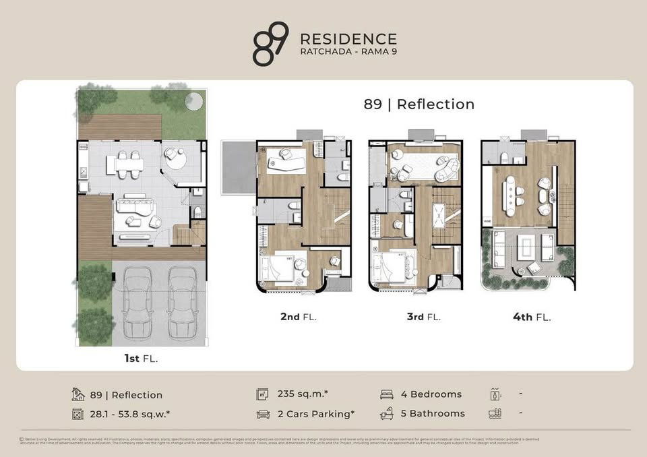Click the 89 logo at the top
[270, 43]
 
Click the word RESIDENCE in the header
[348, 39]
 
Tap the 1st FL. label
[141, 359]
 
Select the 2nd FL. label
[299, 316]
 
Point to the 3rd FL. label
[424, 316]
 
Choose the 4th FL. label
[532, 316]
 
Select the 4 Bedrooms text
[431, 394]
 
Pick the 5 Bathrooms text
[432, 413]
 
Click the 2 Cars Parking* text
[316, 414]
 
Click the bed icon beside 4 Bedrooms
[387, 394]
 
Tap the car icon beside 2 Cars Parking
[263, 414]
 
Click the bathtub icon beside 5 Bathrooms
[387, 413]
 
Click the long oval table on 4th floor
[510, 195]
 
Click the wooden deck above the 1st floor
[120, 127]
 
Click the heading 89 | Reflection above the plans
[419, 104]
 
